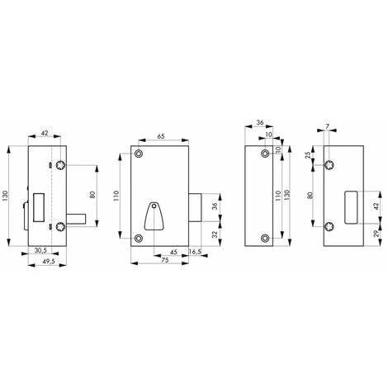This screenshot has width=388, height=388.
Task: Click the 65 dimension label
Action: click(x=161, y=136)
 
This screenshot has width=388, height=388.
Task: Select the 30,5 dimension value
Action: click(x=40, y=250)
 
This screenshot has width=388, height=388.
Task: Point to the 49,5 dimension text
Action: click(x=49, y=262)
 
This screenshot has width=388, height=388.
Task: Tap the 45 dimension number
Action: click(x=173, y=253)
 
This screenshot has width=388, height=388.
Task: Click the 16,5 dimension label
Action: click(x=195, y=252)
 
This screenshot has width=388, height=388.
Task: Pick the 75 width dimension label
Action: click(x=164, y=260)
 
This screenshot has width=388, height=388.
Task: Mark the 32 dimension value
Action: click(x=215, y=234)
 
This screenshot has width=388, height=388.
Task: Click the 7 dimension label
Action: click(x=327, y=126)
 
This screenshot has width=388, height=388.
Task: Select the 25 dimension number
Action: click(x=309, y=155)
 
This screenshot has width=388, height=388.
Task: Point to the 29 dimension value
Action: click(x=376, y=234)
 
